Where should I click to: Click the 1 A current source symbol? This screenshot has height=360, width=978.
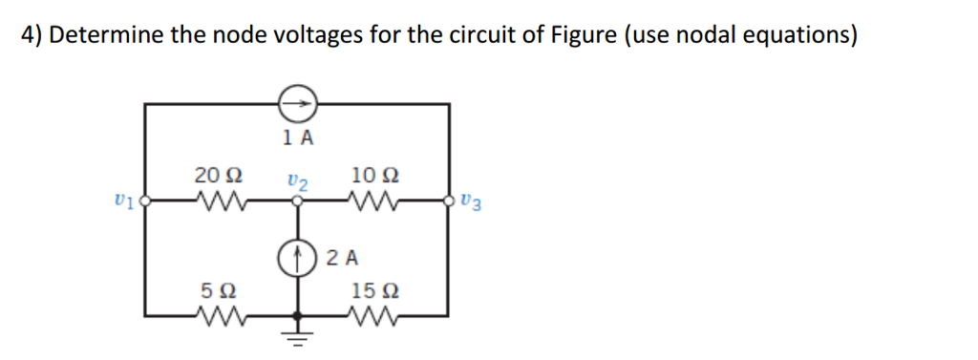click(x=297, y=100)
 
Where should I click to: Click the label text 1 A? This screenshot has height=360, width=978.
click(x=298, y=137)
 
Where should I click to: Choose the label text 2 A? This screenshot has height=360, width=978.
click(x=341, y=257)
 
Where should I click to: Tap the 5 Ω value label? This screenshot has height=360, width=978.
click(x=218, y=288)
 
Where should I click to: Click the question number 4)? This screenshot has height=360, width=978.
click(x=31, y=36)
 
